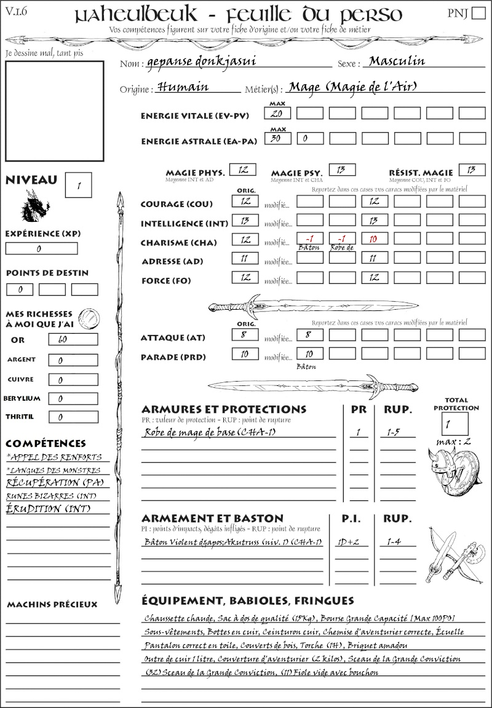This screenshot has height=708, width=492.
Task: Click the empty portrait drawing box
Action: coord(54,110)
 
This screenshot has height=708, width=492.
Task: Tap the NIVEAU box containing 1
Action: coord(79,184)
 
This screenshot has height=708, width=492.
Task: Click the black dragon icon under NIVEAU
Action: coord(35,206)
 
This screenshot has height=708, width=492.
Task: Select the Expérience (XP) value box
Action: coord(41,249)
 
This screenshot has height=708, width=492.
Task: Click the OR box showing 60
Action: coord(73,339)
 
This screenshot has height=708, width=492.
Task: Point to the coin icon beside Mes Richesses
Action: coord(89,317)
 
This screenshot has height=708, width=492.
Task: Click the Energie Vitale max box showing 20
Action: coord(277,114)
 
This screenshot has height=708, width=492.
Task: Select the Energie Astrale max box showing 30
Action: coord(277,139)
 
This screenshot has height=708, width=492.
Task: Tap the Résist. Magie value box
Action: coord(471,170)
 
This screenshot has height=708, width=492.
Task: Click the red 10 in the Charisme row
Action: coord(374,239)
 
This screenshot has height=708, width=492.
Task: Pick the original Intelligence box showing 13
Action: coord(244,220)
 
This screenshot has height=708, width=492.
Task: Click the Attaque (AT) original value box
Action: coord(244,335)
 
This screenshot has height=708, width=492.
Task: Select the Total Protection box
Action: coord(454,424)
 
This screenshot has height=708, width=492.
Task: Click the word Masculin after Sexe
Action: coord(398,61)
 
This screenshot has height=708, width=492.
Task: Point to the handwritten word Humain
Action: coord(183,87)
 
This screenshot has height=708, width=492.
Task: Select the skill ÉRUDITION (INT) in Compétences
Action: coord(43,509)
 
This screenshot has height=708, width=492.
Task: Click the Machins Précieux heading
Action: coord(52,605)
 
